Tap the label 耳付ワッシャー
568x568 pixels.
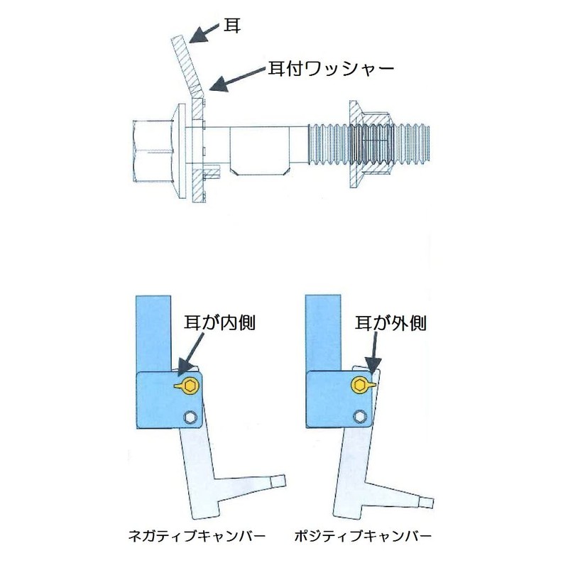tap(329, 68)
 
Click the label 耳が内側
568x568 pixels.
tap(219, 323)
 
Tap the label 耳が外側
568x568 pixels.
tap(390, 323)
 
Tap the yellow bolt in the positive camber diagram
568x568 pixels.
tap(361, 385)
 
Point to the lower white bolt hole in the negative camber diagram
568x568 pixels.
tap(189, 417)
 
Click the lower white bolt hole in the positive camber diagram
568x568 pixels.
tap(361, 417)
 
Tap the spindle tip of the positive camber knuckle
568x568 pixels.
tap(426, 504)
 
